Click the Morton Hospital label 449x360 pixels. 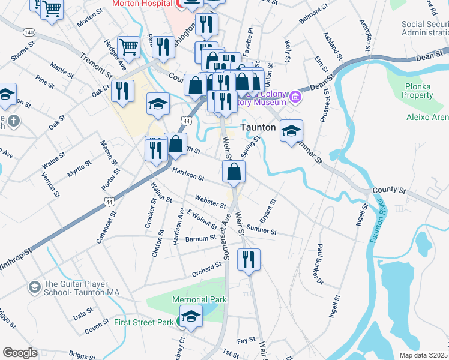[x=140, y=4]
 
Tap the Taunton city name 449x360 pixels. [x=258, y=128]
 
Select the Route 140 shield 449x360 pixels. [x=28, y=31]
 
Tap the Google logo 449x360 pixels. [x=19, y=353]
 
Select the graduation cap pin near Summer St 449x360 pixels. [x=291, y=131]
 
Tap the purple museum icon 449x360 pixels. [x=295, y=97]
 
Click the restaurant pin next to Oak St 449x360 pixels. [x=122, y=91]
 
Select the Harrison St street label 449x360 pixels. [x=188, y=175]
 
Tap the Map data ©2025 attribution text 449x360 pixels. [x=424, y=355]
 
